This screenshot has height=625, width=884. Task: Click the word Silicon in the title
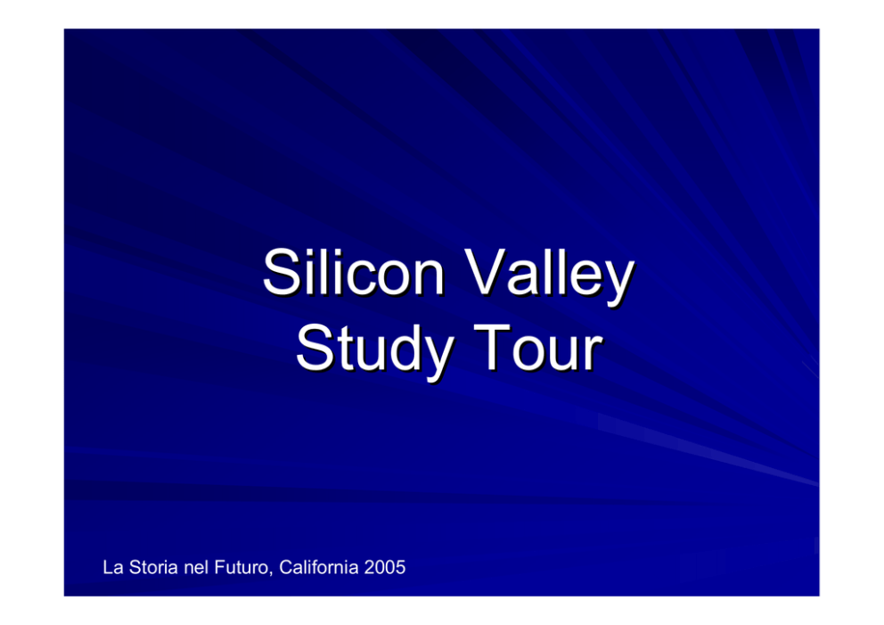click(354, 273)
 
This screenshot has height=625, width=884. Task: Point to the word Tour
click(538, 348)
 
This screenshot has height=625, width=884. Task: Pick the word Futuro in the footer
click(243, 567)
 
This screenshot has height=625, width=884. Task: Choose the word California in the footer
click(318, 567)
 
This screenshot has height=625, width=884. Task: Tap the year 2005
click(385, 567)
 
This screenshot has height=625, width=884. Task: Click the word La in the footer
click(113, 567)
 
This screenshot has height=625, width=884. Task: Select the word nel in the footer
click(196, 567)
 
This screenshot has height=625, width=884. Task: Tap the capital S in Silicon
click(282, 273)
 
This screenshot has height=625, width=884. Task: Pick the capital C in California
click(286, 567)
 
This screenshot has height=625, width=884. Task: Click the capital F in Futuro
click(219, 567)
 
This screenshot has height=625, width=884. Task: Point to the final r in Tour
click(594, 354)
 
